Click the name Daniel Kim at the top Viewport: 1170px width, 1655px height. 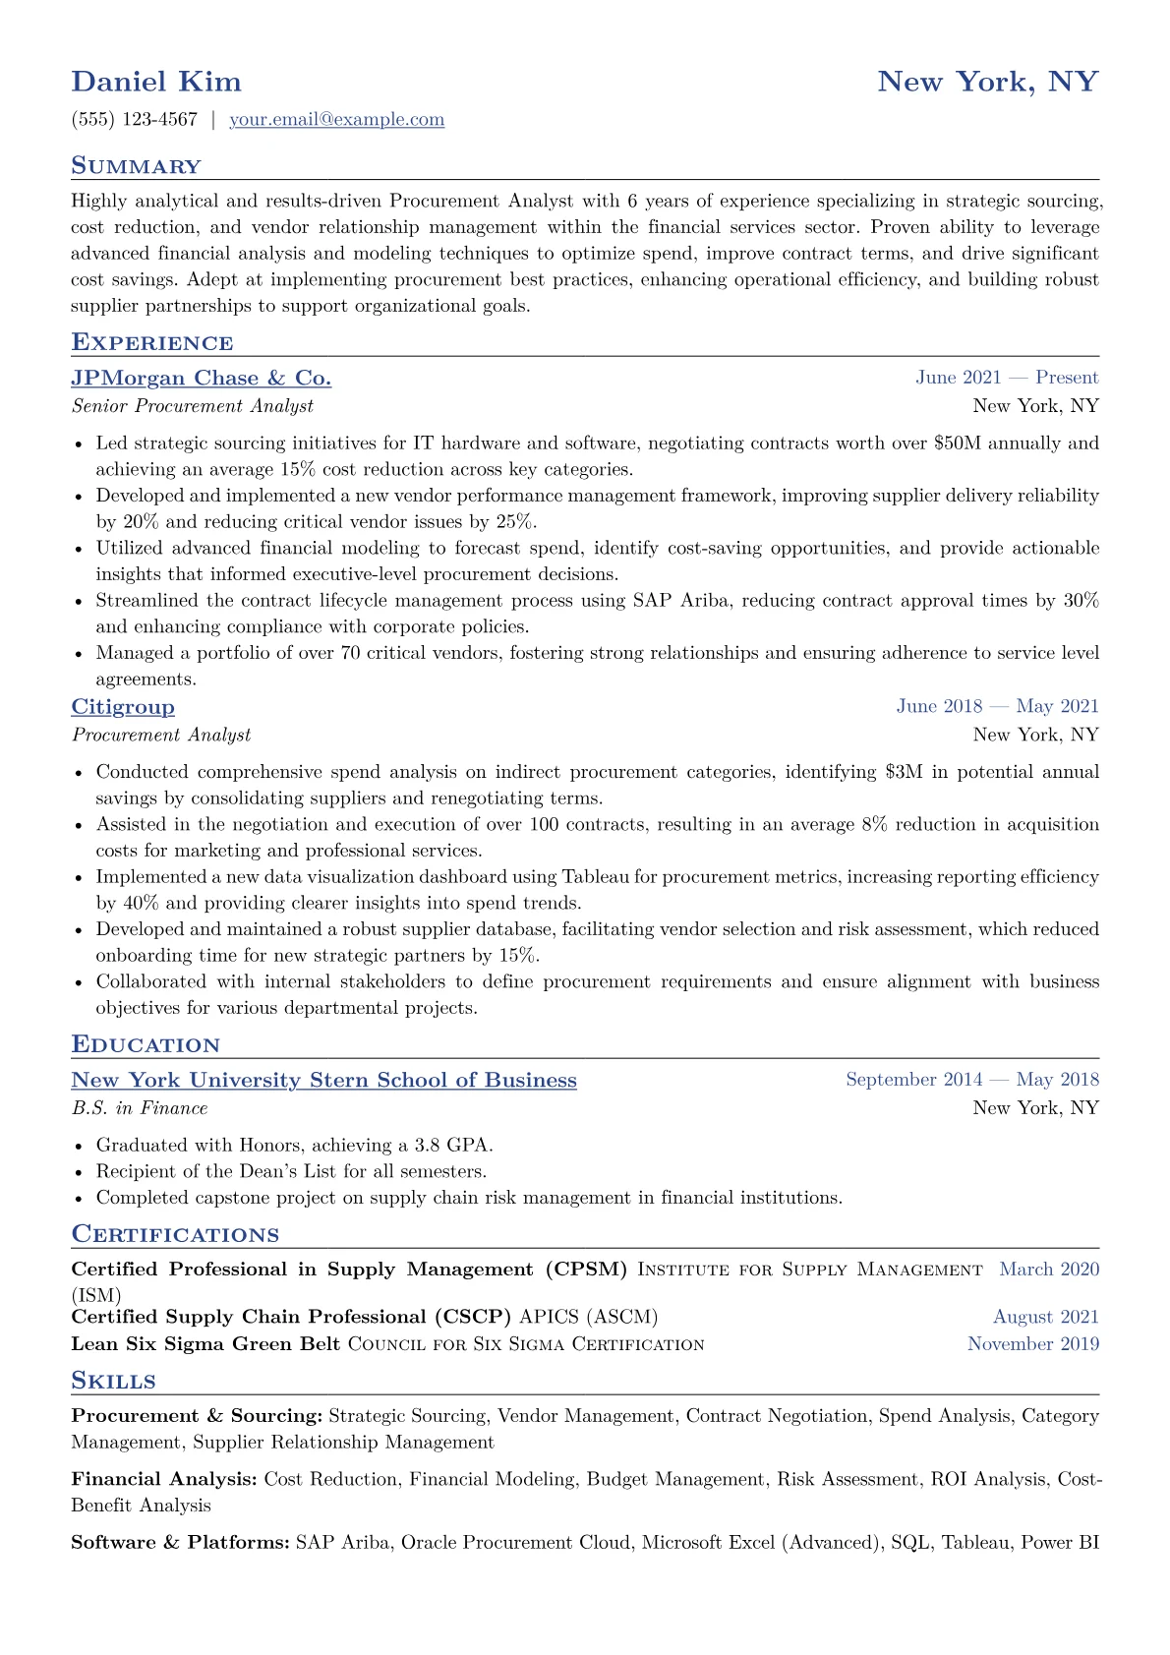[x=156, y=82]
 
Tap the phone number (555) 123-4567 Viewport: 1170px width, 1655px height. [x=135, y=120]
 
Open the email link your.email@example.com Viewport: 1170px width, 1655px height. [x=336, y=120]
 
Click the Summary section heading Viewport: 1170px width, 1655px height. [x=136, y=166]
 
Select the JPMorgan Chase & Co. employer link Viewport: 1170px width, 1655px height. [x=201, y=379]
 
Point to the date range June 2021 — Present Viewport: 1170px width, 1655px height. [x=1007, y=378]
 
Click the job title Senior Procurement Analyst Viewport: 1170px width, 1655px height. [x=193, y=406]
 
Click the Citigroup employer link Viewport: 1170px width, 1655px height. [x=123, y=707]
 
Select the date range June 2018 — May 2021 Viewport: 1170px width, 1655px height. [x=997, y=706]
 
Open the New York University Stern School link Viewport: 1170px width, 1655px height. [x=323, y=1081]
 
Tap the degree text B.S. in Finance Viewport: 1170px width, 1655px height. [x=140, y=1108]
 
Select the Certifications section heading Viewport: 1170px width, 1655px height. [x=175, y=1235]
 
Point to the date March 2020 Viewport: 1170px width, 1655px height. [x=1049, y=1270]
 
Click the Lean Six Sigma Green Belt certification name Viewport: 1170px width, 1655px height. [x=205, y=1344]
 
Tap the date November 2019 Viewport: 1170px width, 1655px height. [x=1033, y=1344]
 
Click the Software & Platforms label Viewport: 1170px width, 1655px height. [x=180, y=1543]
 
